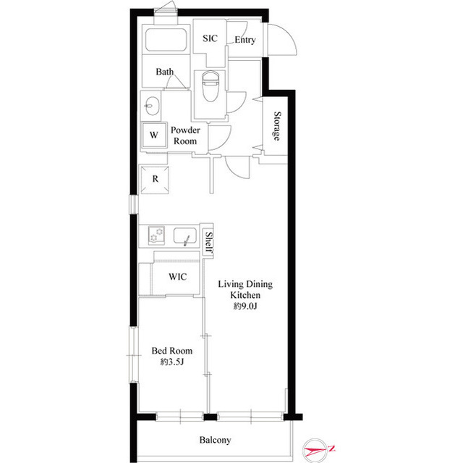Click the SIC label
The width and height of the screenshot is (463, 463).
tap(210, 38)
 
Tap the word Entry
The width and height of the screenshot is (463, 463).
tap(245, 40)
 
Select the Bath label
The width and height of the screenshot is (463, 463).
tap(164, 72)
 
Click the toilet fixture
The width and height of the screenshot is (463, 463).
tap(211, 86)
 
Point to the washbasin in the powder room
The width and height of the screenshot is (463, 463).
tap(153, 106)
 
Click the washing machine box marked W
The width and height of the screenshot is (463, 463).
tap(154, 135)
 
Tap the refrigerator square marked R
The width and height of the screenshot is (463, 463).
tap(155, 180)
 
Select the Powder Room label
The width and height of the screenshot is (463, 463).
tap(185, 135)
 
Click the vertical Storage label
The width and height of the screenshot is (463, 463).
tap(276, 126)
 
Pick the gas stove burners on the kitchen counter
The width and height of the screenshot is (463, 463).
tap(156, 235)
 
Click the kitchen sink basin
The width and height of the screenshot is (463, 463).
tap(185, 236)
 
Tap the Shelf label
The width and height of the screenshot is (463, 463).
tap(209, 243)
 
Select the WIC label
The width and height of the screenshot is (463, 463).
tap(178, 277)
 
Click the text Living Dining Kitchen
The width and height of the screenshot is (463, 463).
tap(245, 289)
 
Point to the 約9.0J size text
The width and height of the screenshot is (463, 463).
tap(245, 306)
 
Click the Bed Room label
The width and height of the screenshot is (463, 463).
tap(172, 351)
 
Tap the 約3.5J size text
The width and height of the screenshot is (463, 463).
tap(172, 362)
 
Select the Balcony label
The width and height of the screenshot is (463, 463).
tap(215, 440)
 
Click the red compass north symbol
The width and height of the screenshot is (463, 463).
tap(318, 450)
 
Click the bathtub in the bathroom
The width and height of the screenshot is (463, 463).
tap(166, 40)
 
